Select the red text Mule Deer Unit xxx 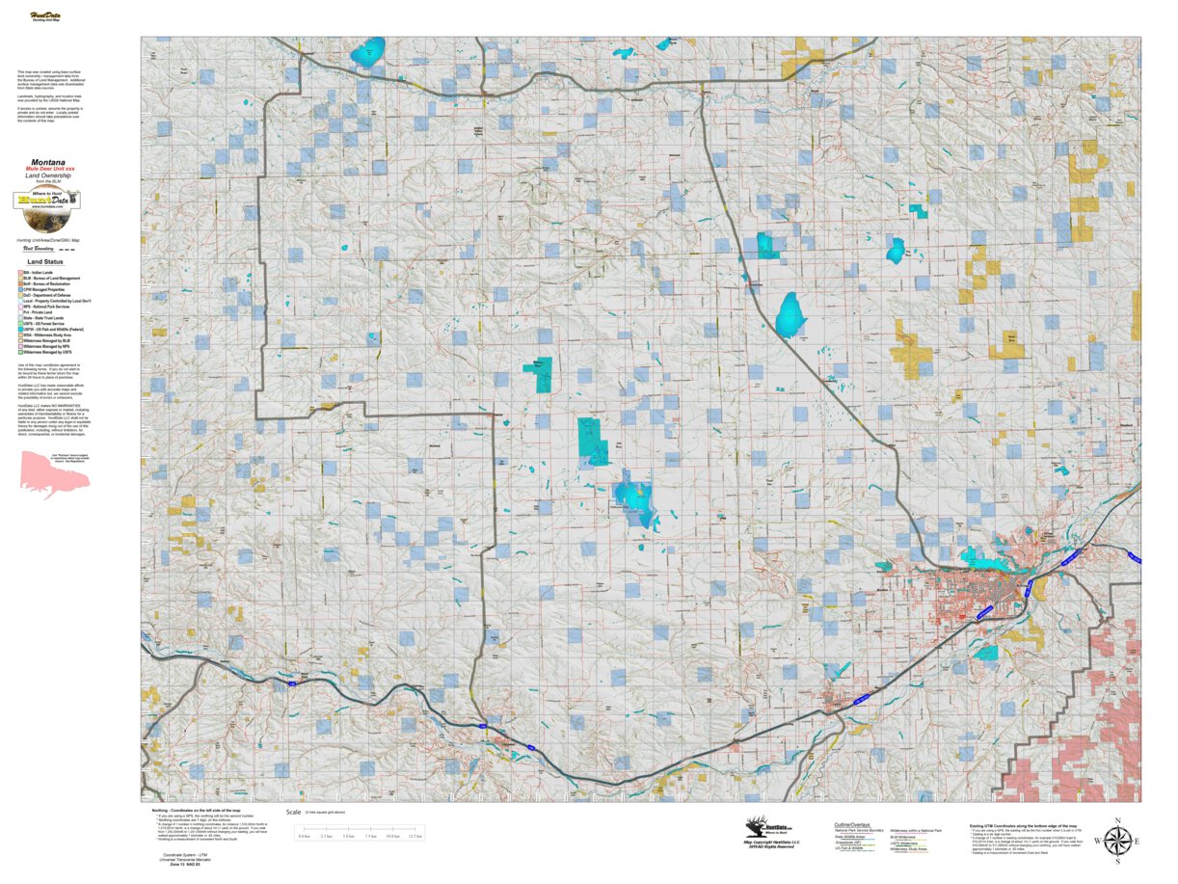(x=49, y=169)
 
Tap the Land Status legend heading (x=46, y=261)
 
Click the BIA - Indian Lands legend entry (x=40, y=273)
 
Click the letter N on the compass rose (x=1116, y=822)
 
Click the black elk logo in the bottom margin (x=762, y=826)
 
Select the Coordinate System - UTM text (x=183, y=855)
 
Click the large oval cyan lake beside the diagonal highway (x=790, y=314)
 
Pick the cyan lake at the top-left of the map (x=367, y=52)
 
